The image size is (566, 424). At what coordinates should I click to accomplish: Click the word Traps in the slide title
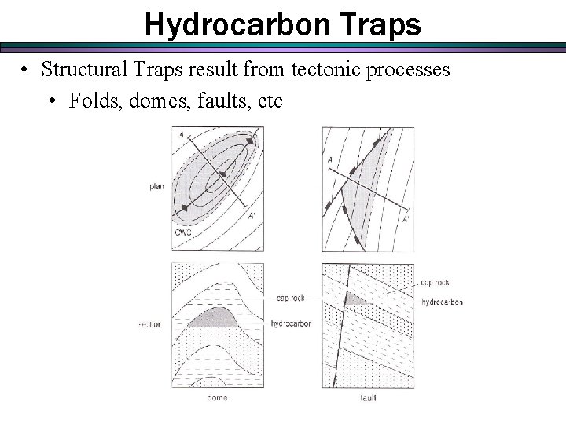pyautogui.click(x=383, y=25)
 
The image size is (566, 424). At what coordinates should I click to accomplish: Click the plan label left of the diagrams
pyautogui.click(x=156, y=186)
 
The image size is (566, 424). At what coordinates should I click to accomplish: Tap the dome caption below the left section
pyautogui.click(x=218, y=397)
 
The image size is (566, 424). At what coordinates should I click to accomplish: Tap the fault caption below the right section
pyautogui.click(x=368, y=397)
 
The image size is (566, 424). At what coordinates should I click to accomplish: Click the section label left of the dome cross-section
pyautogui.click(x=149, y=323)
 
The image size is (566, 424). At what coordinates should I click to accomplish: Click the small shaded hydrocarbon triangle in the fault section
pyautogui.click(x=358, y=300)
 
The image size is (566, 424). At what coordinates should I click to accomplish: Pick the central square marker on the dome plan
pyautogui.click(x=223, y=174)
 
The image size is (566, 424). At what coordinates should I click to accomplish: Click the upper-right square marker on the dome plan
pyautogui.click(x=251, y=141)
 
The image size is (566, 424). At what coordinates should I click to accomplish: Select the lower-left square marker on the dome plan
pyautogui.click(x=185, y=207)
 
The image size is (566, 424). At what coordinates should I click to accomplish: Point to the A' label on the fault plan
pyautogui.click(x=406, y=219)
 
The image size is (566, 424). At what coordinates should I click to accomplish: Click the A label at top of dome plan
pyautogui.click(x=182, y=134)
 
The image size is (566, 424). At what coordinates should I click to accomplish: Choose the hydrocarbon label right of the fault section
pyautogui.click(x=443, y=302)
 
